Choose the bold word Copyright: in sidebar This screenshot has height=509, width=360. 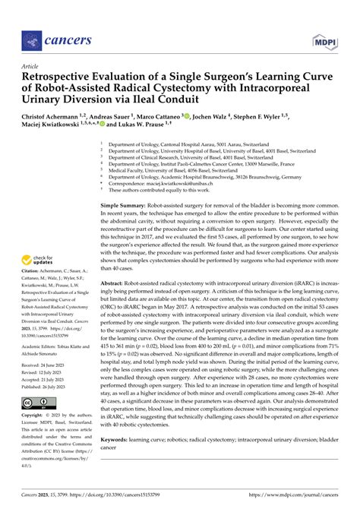33,438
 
